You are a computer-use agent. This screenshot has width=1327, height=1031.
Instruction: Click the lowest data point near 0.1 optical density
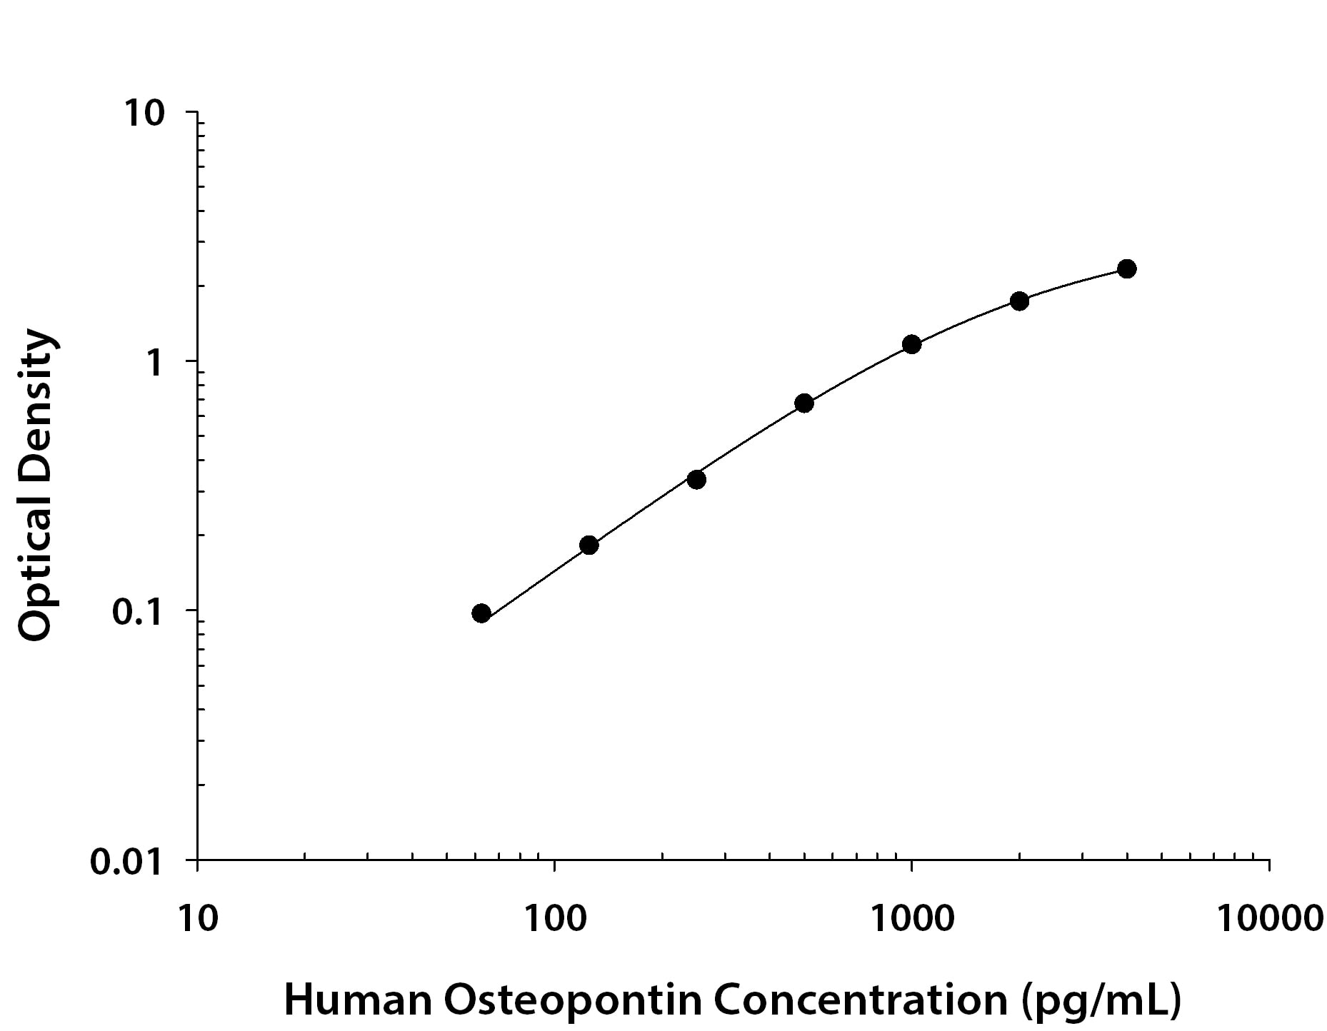click(x=481, y=613)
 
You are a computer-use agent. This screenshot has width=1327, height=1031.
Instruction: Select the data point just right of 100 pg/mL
click(x=589, y=545)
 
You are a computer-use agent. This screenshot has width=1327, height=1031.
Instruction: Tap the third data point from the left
click(x=696, y=480)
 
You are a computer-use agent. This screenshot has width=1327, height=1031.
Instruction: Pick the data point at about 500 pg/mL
click(x=804, y=403)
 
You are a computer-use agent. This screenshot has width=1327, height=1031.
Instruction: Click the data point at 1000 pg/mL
click(x=911, y=345)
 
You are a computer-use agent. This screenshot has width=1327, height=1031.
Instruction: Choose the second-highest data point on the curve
click(x=1019, y=301)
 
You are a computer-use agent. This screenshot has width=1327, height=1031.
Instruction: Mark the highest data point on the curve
click(x=1127, y=269)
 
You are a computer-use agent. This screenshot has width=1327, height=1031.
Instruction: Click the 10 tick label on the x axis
click(x=196, y=918)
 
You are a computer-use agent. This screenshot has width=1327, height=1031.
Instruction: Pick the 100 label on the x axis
click(x=554, y=918)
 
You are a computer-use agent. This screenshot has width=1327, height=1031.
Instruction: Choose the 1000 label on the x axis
click(x=912, y=918)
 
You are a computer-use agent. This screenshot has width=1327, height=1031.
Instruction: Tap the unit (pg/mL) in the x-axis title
click(x=1101, y=1000)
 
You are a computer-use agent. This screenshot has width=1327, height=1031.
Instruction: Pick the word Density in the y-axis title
click(x=36, y=406)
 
